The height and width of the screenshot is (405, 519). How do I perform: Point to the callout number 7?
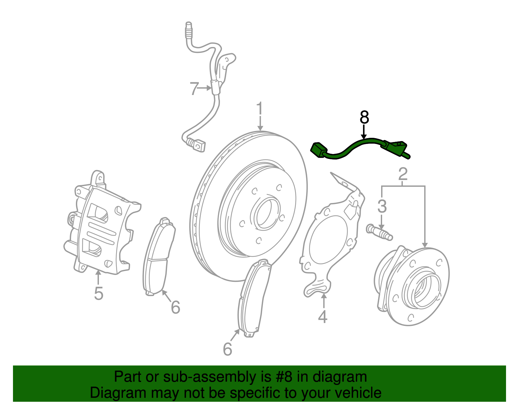click(x=194, y=88)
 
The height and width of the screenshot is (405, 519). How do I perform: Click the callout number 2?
click(x=403, y=174)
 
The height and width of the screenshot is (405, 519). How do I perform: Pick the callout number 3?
click(x=382, y=206)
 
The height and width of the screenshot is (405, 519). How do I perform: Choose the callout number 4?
click(x=323, y=316)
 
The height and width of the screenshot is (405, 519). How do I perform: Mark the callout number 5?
click(x=99, y=293)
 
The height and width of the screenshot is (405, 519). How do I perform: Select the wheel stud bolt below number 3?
click(x=379, y=232)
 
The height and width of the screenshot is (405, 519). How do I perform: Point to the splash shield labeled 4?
click(x=331, y=240)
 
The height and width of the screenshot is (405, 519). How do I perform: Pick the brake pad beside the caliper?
click(x=159, y=258)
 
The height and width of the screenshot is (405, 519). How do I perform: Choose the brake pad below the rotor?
click(x=255, y=298)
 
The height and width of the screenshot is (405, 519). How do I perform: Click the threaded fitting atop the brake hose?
click(x=188, y=30)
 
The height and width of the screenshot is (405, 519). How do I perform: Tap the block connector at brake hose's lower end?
click(x=199, y=145)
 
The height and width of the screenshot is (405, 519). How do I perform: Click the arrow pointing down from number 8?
click(x=364, y=132)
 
